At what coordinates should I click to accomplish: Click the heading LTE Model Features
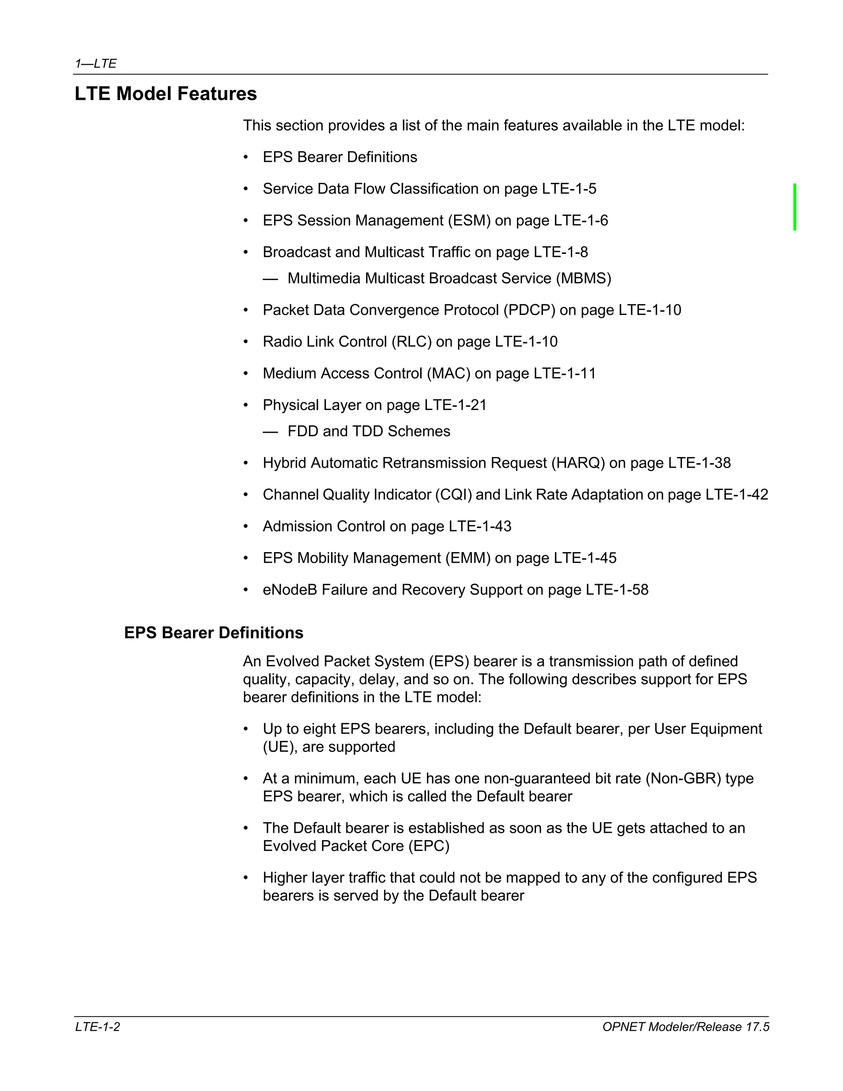pyautogui.click(x=165, y=94)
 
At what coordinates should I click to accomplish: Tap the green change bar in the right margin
pyautogui.click(x=794, y=207)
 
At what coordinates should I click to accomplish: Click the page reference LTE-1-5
pyautogui.click(x=569, y=189)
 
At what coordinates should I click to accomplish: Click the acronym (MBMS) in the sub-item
pyautogui.click(x=583, y=278)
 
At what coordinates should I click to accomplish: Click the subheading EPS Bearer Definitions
pyautogui.click(x=213, y=633)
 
